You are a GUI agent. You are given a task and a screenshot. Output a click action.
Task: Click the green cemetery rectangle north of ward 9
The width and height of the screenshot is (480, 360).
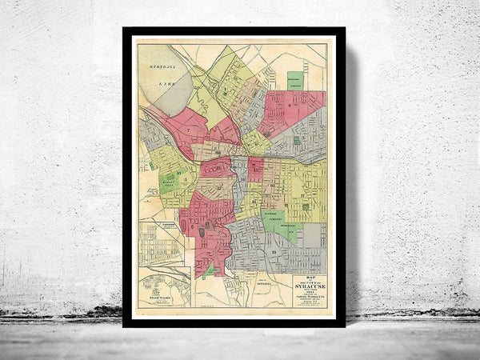(x=295, y=81)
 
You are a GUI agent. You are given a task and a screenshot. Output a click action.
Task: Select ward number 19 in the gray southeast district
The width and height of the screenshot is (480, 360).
(x=274, y=252)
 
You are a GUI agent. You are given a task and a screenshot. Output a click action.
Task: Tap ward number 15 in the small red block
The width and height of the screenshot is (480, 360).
(x=255, y=168)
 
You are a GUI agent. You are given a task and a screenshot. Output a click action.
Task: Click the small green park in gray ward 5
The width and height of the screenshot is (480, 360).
(x=297, y=141)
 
